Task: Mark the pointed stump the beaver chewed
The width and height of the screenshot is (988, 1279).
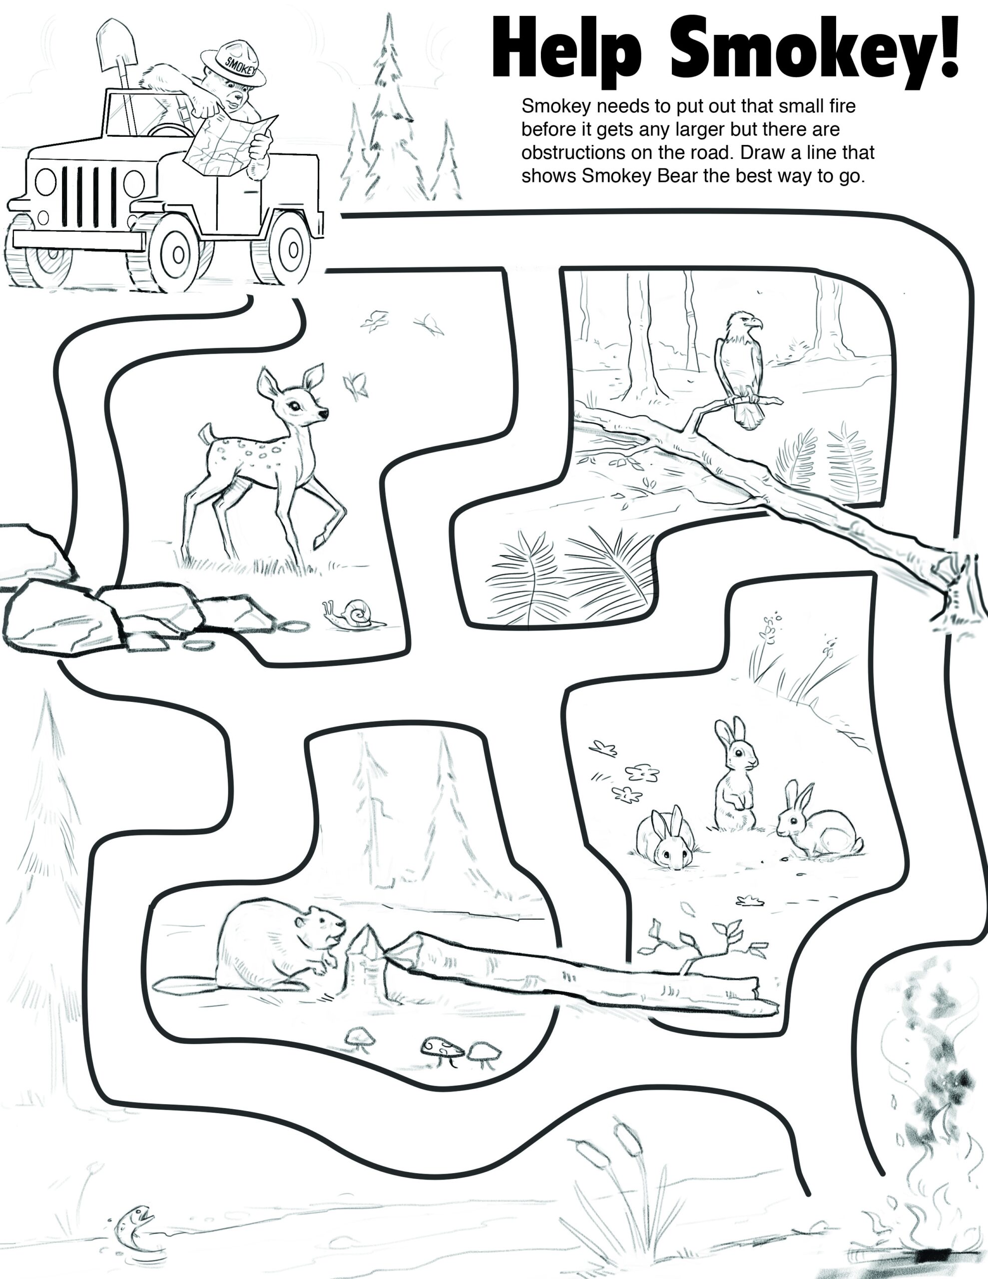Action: point(366,960)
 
